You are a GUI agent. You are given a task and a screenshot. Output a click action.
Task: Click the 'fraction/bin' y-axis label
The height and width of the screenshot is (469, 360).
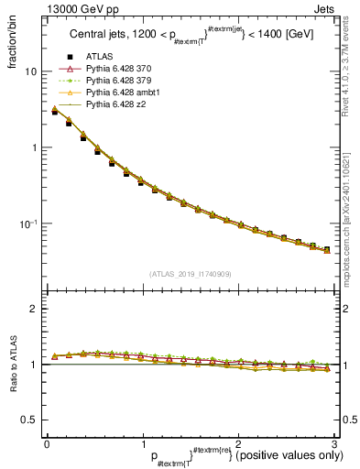click(13, 46)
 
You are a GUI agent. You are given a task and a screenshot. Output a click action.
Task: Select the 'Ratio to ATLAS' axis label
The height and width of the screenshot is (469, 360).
click(13, 365)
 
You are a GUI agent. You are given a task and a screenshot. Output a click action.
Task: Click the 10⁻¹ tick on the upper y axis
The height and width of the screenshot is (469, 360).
click(28, 224)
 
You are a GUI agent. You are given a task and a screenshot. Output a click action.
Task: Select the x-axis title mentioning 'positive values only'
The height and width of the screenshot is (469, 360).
click(228, 455)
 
